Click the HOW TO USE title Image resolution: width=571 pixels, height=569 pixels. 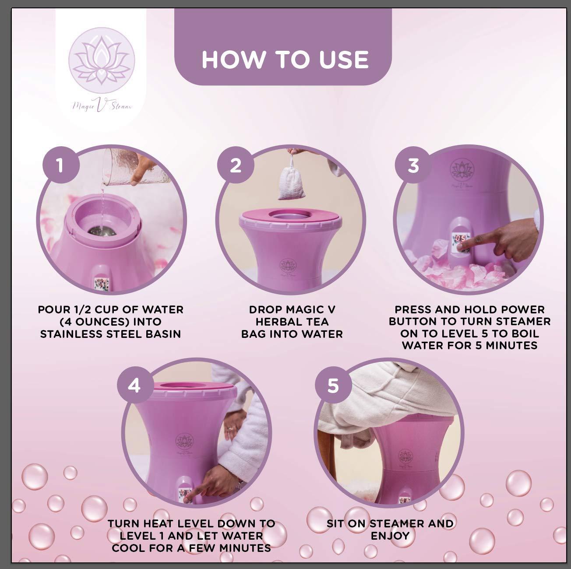click(x=285, y=60)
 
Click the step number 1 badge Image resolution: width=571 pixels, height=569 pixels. click(x=60, y=166)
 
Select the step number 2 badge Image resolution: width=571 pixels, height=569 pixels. click(x=236, y=166)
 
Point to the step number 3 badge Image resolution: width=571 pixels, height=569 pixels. click(x=413, y=166)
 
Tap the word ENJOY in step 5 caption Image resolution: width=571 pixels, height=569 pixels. click(x=390, y=536)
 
